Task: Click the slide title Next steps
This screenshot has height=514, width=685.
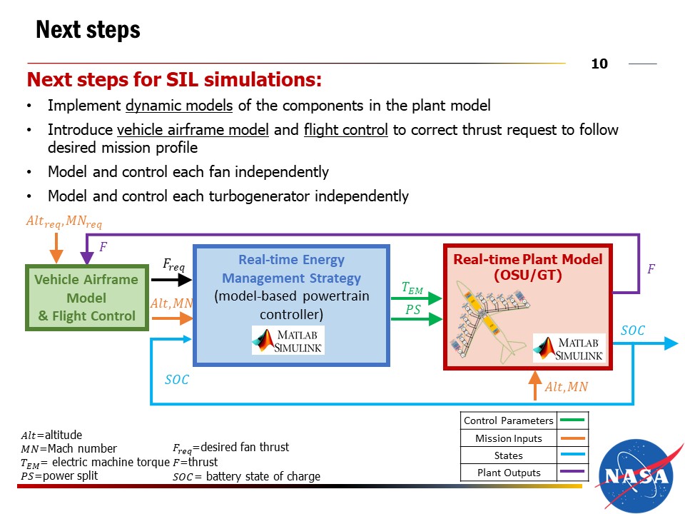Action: (88, 30)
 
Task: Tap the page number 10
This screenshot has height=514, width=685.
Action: (599, 64)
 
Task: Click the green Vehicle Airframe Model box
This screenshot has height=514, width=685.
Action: (87, 298)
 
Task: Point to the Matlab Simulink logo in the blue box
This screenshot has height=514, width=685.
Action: (288, 340)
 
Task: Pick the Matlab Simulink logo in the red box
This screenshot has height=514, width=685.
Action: (569, 347)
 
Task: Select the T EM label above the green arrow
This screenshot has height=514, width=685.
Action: (412, 288)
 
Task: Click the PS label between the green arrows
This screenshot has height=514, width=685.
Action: (412, 310)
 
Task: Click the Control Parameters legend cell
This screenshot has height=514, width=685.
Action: (509, 420)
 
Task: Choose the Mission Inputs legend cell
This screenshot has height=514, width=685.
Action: (509, 438)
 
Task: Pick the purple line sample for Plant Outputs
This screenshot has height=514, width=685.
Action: (572, 472)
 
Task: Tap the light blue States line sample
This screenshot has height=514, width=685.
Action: (572, 455)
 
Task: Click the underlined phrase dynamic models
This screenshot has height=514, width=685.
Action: (179, 106)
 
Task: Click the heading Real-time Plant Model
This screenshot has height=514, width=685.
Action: (528, 259)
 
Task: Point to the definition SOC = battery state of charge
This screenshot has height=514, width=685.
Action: (246, 477)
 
